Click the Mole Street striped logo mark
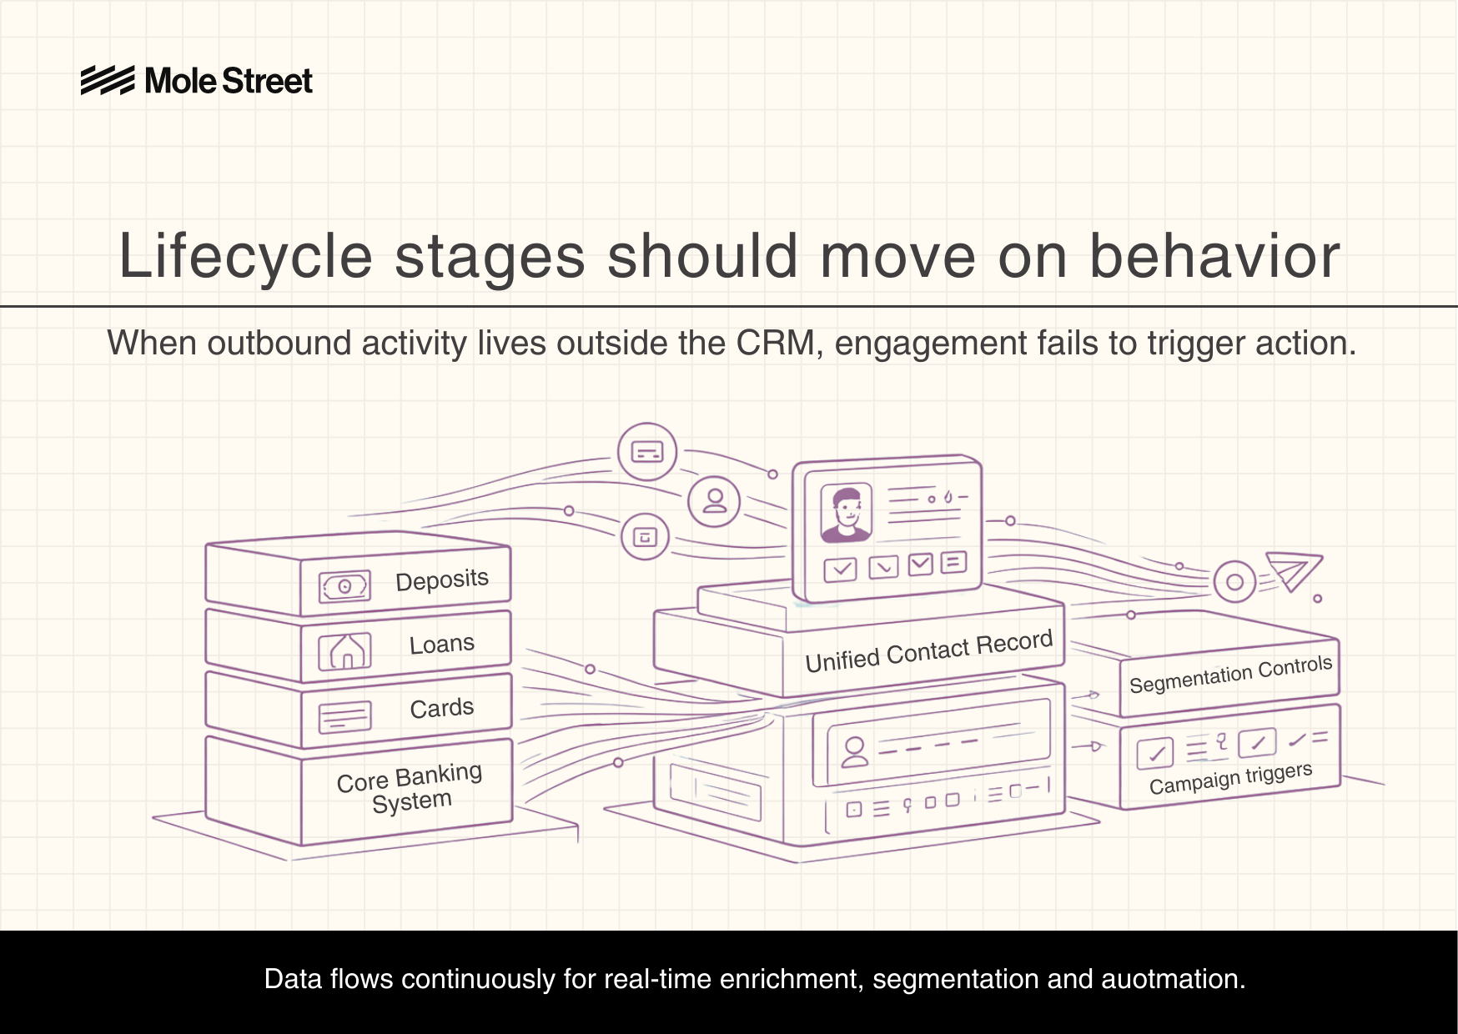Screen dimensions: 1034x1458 [108, 81]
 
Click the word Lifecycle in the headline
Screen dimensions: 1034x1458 [245, 257]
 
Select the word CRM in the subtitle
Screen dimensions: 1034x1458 [775, 344]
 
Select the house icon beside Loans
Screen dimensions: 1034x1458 [344, 651]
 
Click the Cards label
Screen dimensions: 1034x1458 [441, 709]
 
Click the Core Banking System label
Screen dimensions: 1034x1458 [410, 788]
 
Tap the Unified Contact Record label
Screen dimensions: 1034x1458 [928, 651]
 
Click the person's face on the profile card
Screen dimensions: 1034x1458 [847, 511]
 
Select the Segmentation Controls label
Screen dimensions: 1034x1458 [1229, 675]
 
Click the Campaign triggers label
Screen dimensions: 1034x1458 [1229, 779]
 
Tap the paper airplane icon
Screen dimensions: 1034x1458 [1292, 571]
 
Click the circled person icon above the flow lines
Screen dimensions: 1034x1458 [714, 500]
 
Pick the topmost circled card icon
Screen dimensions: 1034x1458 [647, 452]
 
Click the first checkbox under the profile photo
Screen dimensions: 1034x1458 [840, 570]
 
